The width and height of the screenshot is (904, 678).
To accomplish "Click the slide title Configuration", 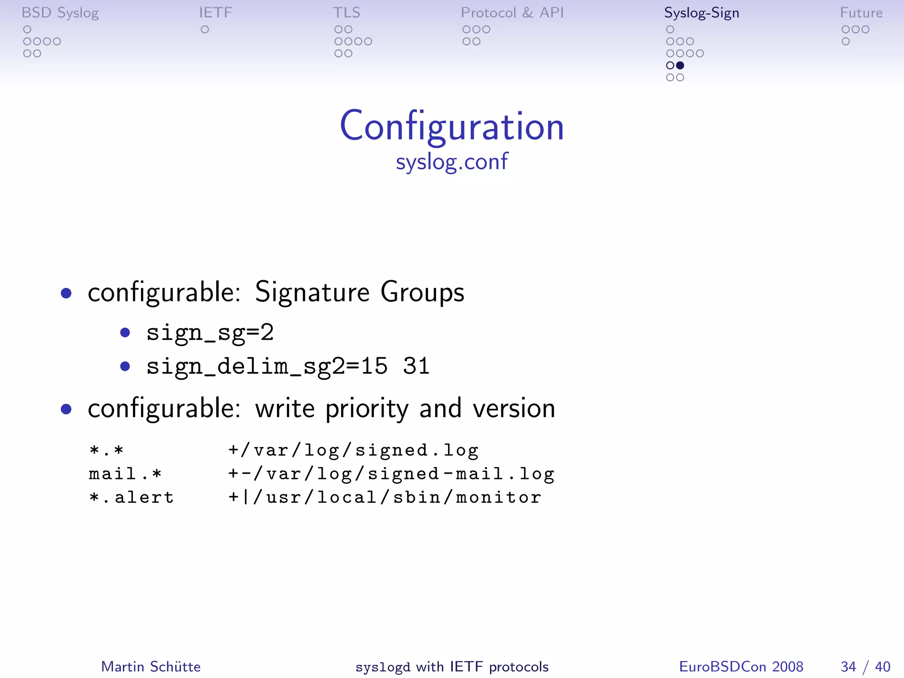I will [x=452, y=127].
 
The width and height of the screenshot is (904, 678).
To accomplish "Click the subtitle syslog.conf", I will [x=452, y=162].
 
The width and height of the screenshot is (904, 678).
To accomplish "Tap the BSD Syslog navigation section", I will [x=60, y=13].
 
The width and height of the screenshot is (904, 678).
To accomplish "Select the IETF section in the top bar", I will [x=215, y=13].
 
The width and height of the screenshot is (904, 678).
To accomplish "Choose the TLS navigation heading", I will [x=347, y=13].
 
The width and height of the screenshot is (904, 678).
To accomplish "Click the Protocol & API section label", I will [x=512, y=13].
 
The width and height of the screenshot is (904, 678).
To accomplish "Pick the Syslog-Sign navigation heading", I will [x=701, y=13].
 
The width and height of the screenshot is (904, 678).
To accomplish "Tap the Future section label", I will [x=861, y=13].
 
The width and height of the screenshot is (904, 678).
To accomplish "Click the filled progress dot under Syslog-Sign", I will [x=680, y=65].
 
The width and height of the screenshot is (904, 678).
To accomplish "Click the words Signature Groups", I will [x=359, y=292].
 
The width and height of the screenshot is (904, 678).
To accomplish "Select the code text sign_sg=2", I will [x=210, y=332].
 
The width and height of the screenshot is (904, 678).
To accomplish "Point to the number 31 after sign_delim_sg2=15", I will [x=416, y=366].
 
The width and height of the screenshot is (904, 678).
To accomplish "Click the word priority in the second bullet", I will [x=367, y=409].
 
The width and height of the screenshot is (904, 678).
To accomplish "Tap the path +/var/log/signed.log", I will [x=353, y=451].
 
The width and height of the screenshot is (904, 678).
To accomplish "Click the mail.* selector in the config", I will [x=125, y=474].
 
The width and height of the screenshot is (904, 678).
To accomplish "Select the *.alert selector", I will [x=132, y=497].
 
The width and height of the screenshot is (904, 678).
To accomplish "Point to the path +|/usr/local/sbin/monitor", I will [x=384, y=497].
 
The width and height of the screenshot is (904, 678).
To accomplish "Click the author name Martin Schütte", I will [x=151, y=667].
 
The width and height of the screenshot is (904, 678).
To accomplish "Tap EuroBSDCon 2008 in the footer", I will [x=741, y=667].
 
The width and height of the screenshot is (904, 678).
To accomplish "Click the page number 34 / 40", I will [x=865, y=667].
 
